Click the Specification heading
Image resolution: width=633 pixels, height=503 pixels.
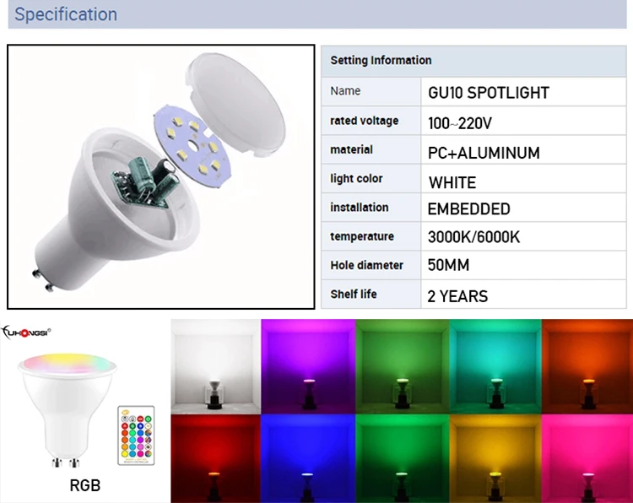(66, 14)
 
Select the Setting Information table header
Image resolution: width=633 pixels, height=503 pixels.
(381, 60)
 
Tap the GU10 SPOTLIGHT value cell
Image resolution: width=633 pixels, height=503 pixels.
(489, 93)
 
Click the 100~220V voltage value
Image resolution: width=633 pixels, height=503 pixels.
(460, 123)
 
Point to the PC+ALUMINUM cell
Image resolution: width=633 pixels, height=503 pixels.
(484, 153)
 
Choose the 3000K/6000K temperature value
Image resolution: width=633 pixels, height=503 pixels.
(473, 237)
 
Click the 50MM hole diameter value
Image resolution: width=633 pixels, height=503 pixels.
(448, 265)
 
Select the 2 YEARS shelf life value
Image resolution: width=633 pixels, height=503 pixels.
(457, 296)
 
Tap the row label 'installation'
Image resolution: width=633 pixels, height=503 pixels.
(360, 208)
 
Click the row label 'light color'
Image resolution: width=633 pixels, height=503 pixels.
(356, 178)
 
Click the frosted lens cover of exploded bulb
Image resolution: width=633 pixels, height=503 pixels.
(236, 105)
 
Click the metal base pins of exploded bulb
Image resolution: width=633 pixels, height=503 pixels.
(43, 280)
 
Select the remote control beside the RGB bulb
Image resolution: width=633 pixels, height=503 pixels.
(136, 435)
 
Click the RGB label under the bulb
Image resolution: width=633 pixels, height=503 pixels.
(84, 485)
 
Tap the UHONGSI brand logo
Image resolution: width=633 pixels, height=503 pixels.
(26, 333)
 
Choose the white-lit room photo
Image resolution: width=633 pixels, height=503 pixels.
(215, 366)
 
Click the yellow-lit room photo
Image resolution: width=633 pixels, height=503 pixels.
(495, 458)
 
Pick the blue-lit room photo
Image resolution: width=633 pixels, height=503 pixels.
(308, 458)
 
